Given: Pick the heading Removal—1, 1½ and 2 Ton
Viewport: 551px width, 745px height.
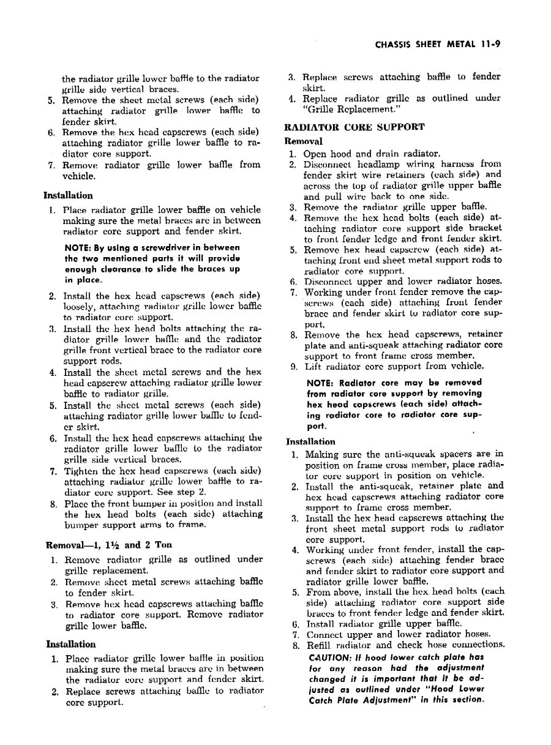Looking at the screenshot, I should (x=109, y=545).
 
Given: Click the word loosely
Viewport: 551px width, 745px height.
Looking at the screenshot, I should (x=78, y=307).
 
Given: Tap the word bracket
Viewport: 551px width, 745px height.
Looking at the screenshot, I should (x=485, y=228).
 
